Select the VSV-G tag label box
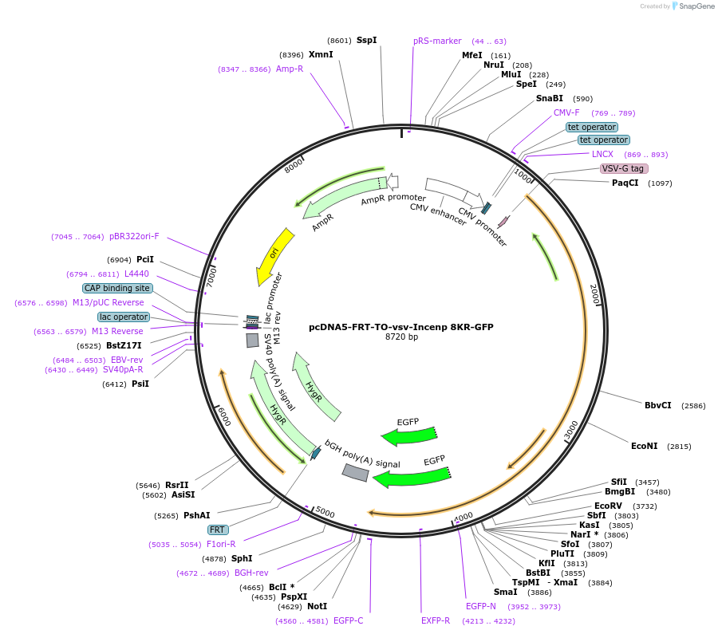(624, 168)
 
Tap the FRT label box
(217, 530)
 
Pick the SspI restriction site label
(366, 40)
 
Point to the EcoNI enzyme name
(644, 446)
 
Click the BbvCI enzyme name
(658, 405)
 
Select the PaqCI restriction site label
(625, 183)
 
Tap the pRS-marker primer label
(437, 41)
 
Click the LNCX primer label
(602, 154)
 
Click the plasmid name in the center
(401, 326)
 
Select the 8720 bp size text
(401, 337)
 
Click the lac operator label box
(124, 317)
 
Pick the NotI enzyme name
(317, 607)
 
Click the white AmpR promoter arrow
(392, 182)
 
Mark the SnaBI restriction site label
(550, 98)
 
